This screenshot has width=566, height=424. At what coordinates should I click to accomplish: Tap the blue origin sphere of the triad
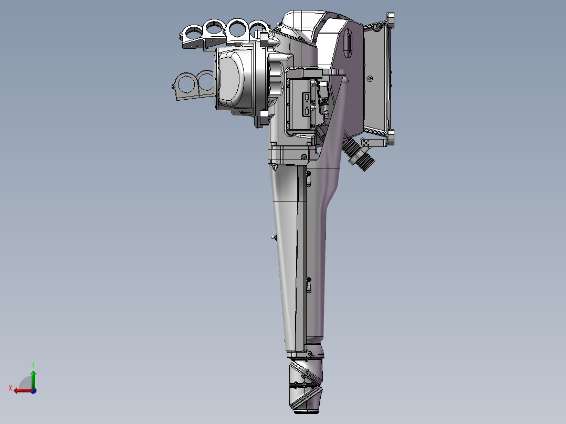33,390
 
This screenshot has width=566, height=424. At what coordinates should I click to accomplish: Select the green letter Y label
33,364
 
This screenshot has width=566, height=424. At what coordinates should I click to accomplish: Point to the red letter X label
10,388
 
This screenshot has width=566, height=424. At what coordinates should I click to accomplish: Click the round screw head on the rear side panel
370,79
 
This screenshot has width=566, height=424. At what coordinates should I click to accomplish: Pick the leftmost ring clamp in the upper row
193,33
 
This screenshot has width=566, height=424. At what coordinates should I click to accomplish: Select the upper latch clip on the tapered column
309,179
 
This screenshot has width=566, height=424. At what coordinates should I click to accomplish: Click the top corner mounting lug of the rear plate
390,22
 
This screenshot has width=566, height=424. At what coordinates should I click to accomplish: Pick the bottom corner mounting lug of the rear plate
391,139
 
